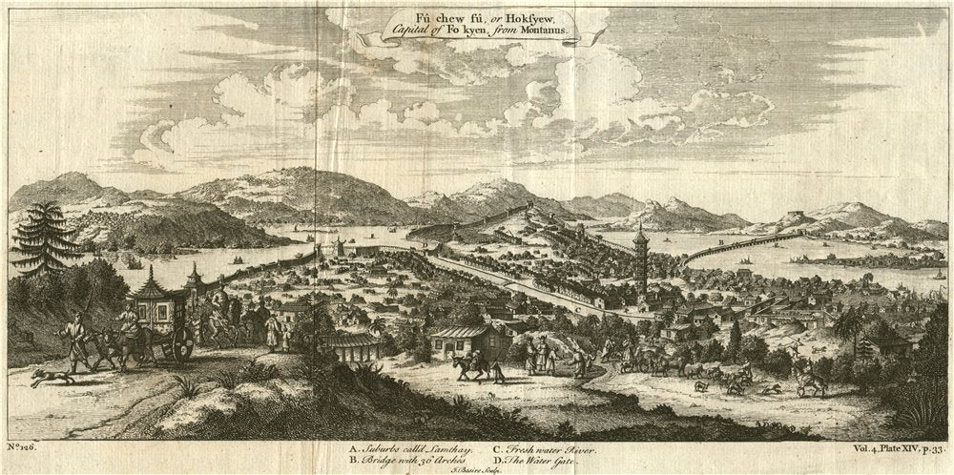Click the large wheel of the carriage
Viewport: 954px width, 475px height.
click(x=179, y=347)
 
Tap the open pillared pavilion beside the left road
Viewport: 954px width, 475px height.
click(x=350, y=345)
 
